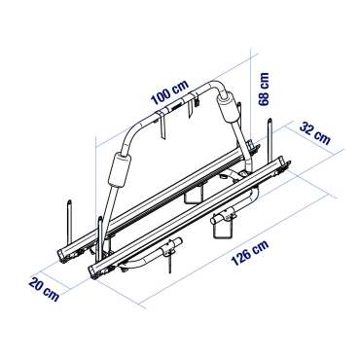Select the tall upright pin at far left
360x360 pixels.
pos(67,219)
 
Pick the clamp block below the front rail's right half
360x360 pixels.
pos(226,223)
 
